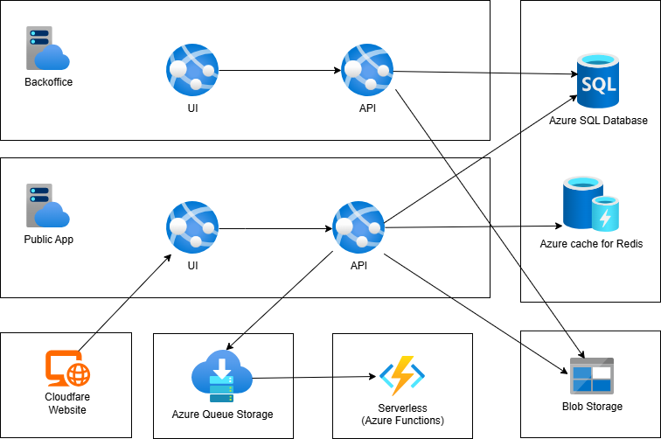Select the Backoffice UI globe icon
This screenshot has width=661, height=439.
tap(192, 68)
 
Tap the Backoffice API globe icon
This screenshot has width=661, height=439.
tap(367, 68)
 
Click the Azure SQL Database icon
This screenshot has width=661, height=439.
tap(598, 80)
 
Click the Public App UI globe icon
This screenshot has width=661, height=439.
tap(192, 226)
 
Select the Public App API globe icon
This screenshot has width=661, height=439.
tap(358, 226)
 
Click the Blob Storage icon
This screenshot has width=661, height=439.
tap(591, 375)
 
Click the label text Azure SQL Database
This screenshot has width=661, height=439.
tap(598, 120)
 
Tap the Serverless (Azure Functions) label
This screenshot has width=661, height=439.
tap(401, 414)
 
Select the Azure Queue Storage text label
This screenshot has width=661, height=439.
tap(222, 414)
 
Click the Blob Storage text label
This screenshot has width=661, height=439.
tap(592, 406)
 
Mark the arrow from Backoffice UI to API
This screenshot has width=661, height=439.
tap(280, 69)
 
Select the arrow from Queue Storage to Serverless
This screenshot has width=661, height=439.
tap(315, 378)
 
